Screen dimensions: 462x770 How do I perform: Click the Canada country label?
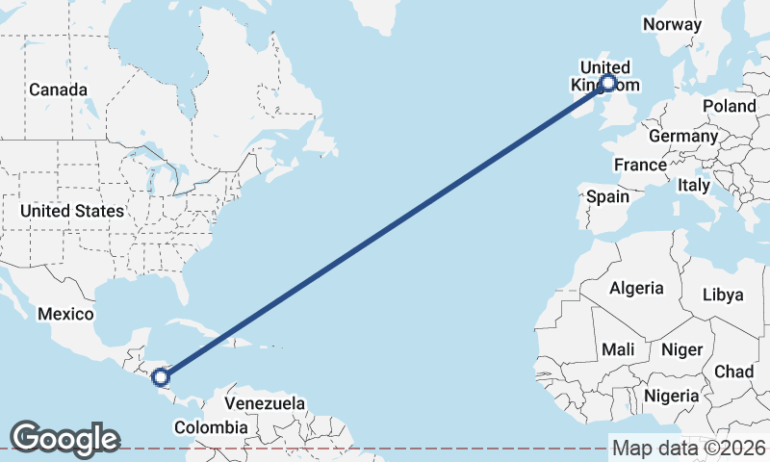point(58,90)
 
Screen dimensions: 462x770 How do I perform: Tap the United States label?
point(72,210)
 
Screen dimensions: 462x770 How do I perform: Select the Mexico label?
point(65,315)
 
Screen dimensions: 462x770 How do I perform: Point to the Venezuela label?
point(265,402)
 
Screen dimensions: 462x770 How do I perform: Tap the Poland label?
point(729,105)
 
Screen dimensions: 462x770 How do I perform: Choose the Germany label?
point(683,136)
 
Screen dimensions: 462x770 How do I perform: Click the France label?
point(640,165)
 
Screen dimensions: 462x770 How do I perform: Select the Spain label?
point(607,196)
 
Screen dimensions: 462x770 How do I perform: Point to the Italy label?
point(693,184)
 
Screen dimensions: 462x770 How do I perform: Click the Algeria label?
point(635,287)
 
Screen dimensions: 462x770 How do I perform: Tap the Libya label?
point(724,295)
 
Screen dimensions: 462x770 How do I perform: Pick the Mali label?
point(616,349)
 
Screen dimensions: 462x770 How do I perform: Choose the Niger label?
point(682,349)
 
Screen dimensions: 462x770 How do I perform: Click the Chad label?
point(733,371)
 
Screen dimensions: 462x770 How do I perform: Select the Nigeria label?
point(671,396)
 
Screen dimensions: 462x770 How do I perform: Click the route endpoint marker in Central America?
point(161,377)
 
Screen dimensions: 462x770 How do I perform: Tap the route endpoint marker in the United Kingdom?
point(607,84)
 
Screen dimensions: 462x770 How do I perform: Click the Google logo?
point(64,439)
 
